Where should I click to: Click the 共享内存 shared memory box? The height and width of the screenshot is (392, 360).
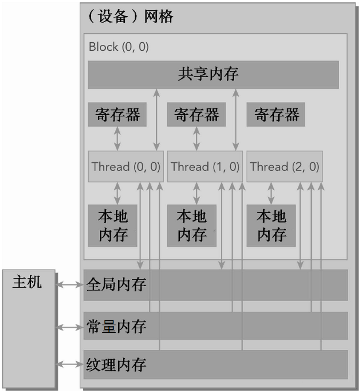point(213,75)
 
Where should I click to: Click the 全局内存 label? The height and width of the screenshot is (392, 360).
point(116,285)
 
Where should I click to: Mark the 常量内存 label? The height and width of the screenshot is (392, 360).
point(116,327)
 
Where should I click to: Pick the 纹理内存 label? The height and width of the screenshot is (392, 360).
point(116,365)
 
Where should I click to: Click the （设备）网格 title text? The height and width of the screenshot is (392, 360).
point(131,17)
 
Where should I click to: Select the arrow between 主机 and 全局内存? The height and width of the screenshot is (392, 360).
point(70,284)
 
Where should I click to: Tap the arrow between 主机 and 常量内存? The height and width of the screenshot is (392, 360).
point(70,327)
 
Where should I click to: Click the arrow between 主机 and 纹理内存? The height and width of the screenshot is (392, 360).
point(70,364)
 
